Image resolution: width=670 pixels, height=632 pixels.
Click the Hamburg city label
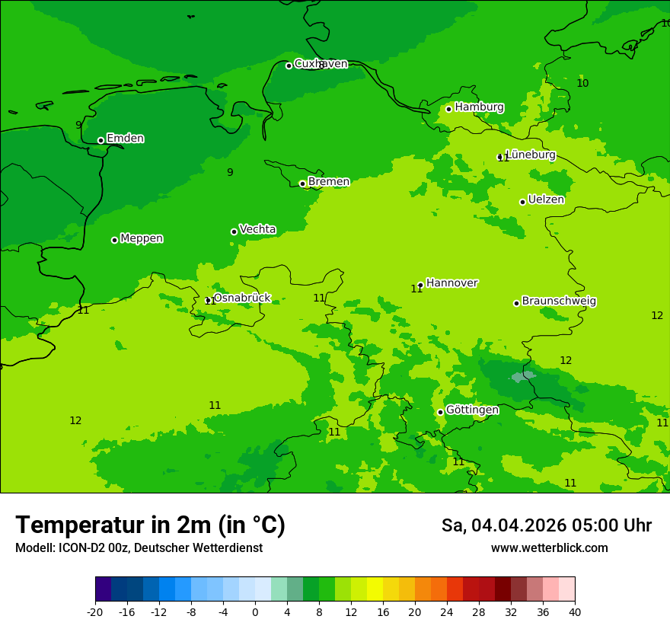479,107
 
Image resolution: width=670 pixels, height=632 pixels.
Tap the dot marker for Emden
100,140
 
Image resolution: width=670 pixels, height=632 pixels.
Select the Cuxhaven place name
321,64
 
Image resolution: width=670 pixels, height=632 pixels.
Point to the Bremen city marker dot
302,184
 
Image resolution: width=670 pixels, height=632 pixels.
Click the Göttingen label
472,410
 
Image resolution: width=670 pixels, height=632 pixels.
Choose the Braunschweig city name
559,301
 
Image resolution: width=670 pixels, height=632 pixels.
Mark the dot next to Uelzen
522,202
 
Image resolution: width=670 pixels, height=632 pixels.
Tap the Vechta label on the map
257,229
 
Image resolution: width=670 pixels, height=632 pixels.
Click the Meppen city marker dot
114,240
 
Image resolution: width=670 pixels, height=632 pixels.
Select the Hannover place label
451,282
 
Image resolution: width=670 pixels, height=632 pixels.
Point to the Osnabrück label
241,298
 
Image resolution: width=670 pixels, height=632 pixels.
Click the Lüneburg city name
530,155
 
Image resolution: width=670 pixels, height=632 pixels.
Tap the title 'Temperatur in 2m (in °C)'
150,525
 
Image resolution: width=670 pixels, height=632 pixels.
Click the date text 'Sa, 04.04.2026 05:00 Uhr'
546,525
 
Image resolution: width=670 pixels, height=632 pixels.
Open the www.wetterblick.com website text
549,548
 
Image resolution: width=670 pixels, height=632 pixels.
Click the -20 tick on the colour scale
95,611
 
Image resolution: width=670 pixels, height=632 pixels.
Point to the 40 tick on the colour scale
575,611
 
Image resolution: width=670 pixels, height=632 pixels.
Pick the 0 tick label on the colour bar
255,611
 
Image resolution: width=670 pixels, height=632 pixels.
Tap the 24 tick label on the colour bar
447,611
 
